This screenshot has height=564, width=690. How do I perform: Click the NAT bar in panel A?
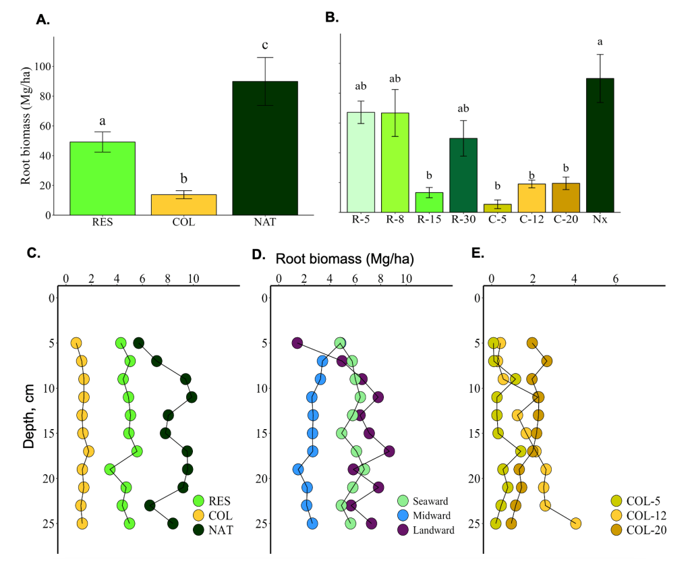264,148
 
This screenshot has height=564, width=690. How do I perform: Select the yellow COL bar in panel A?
183,204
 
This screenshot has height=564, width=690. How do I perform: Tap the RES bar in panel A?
103,178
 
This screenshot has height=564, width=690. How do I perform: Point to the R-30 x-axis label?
463,220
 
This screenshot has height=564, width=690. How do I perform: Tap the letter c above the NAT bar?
265,45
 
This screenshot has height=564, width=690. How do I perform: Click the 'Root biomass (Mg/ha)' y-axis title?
26,125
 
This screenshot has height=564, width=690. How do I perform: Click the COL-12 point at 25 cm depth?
576,523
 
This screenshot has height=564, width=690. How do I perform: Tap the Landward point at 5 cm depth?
297,343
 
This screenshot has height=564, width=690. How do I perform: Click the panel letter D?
256,254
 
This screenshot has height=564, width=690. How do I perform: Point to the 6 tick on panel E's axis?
616,279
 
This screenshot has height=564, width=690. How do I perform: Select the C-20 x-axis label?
565,220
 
